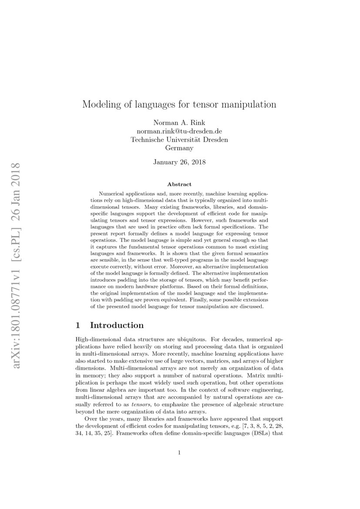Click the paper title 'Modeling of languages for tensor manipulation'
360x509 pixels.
tap(179, 104)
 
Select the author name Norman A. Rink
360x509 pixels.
tap(179, 123)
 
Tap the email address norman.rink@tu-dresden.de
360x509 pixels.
tap(179, 131)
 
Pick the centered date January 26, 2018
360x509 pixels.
tap(179, 162)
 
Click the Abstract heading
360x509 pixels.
tap(179, 185)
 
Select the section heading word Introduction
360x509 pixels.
tap(117, 325)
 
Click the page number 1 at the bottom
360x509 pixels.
tap(179, 453)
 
